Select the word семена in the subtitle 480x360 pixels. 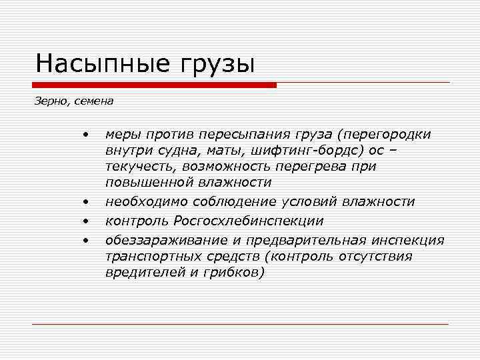click(94, 102)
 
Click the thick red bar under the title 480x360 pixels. click(154, 85)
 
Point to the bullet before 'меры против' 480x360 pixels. click(86, 135)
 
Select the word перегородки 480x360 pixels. click(387, 134)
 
